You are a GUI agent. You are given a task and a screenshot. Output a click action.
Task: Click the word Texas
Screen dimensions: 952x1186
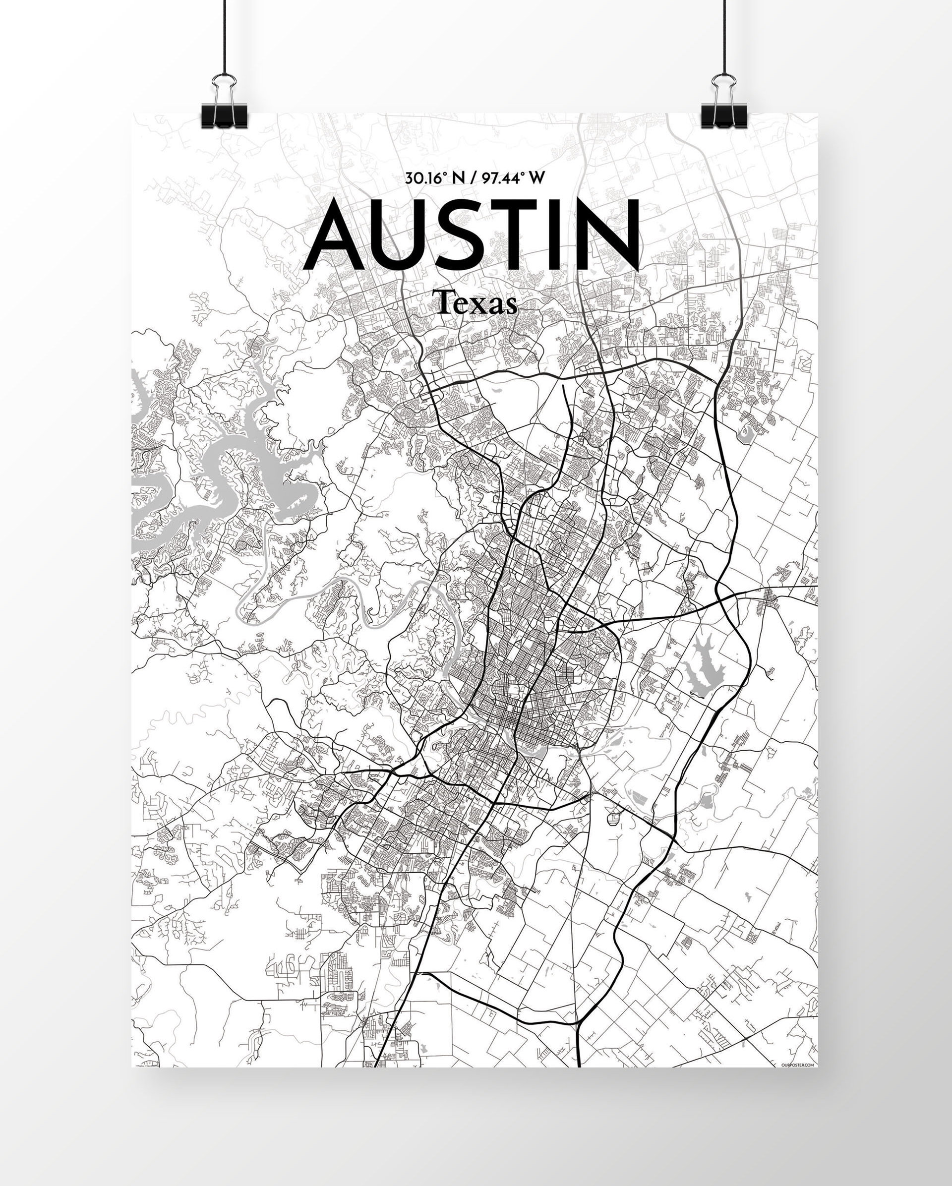[476, 303]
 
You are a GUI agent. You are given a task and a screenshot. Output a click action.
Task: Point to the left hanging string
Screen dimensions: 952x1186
[225, 33]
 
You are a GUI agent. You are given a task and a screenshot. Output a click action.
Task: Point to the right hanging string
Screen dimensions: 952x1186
[724, 33]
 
